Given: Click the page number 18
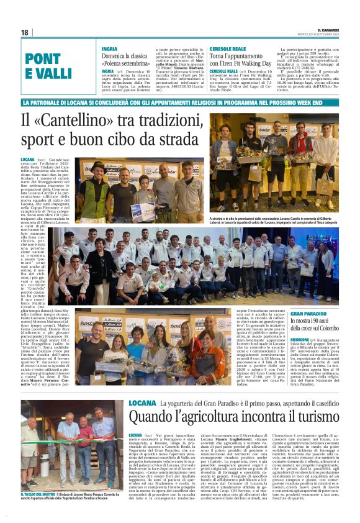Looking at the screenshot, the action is tap(25, 32).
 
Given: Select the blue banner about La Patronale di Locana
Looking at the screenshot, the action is tap(180, 101).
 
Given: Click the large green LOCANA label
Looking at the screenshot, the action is tap(143, 403).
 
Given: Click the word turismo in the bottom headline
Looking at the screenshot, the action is tap(316, 417).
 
